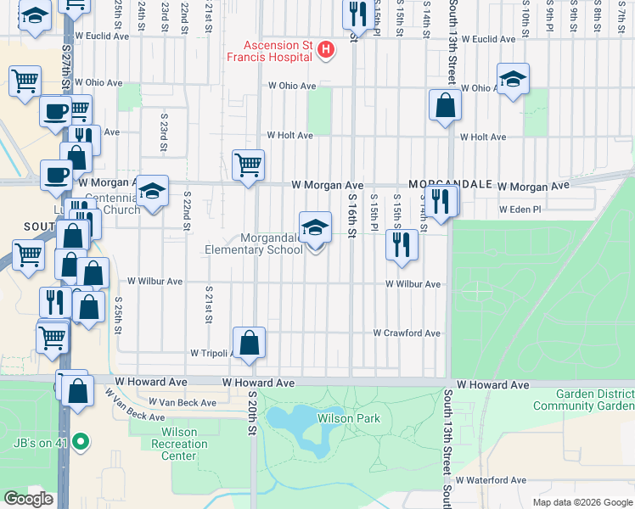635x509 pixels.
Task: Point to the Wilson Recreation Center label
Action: click(x=173, y=444)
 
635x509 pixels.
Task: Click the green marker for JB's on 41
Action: click(x=80, y=440)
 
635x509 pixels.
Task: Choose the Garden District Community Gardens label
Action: click(x=583, y=400)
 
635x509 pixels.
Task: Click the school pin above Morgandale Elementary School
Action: click(x=315, y=227)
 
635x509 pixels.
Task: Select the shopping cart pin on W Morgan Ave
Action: click(x=248, y=165)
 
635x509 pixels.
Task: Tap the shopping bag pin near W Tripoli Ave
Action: click(x=250, y=344)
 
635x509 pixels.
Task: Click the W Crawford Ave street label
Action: click(x=407, y=333)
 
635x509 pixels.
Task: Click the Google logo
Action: click(x=28, y=499)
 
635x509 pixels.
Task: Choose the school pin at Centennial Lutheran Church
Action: click(x=153, y=191)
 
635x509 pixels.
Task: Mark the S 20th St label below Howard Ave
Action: click(x=252, y=413)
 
